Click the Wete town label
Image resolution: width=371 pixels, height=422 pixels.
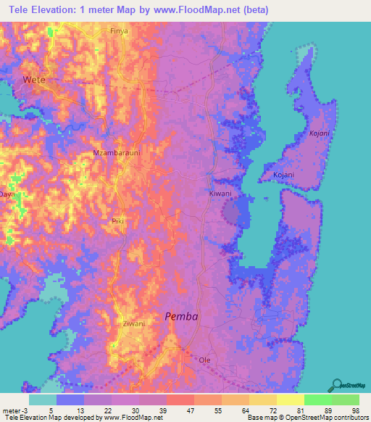[33, 79]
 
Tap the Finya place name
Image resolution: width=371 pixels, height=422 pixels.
[118, 31]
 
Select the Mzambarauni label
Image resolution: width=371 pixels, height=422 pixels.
[114, 153]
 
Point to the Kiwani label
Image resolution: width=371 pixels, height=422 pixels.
[220, 194]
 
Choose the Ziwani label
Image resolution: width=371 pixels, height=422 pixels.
[133, 323]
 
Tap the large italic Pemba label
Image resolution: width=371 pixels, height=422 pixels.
[181, 316]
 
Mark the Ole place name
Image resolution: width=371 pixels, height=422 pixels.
[206, 359]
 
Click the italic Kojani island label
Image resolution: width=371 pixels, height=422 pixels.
[319, 133]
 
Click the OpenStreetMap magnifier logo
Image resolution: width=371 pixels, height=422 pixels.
[338, 384]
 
